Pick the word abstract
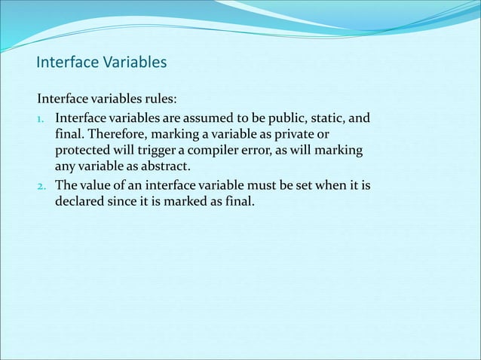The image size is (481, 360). [x=170, y=166]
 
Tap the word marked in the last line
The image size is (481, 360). [x=188, y=201]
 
